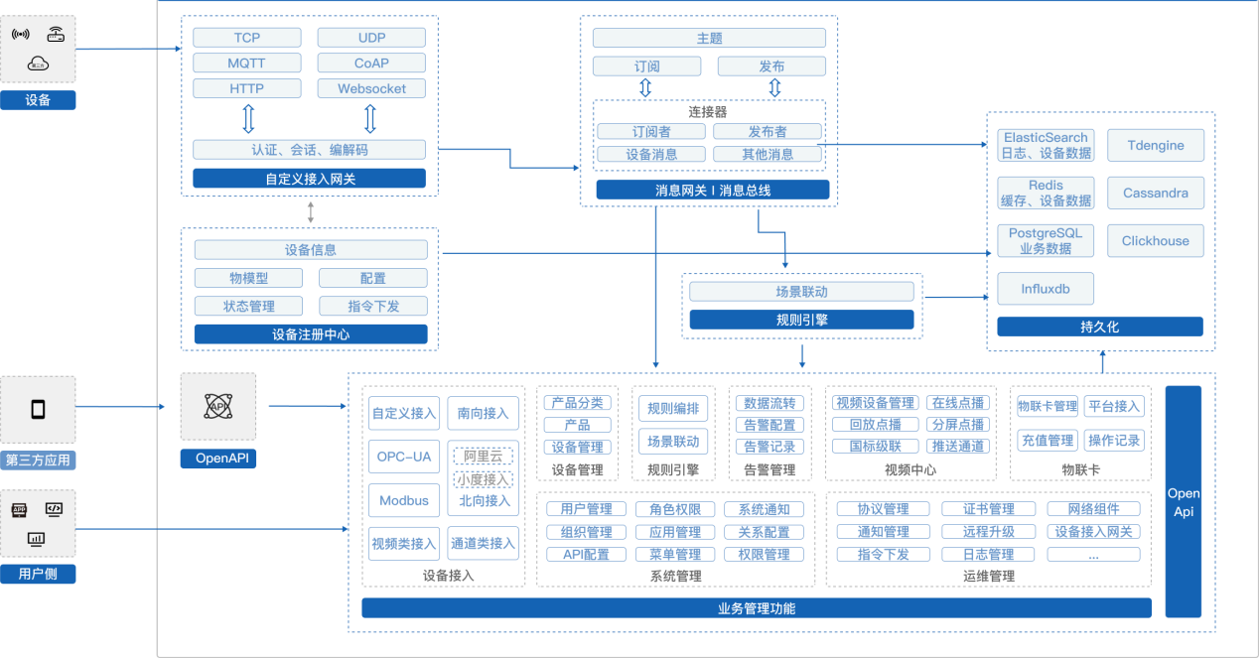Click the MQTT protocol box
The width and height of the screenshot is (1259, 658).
click(247, 63)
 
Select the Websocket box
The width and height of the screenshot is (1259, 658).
click(371, 88)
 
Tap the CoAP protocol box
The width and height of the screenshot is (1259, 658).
click(371, 63)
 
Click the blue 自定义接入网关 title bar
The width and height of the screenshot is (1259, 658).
click(309, 179)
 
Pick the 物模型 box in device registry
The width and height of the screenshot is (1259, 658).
click(248, 278)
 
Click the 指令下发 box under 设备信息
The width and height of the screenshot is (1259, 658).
click(373, 306)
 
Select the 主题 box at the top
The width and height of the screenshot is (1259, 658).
click(709, 38)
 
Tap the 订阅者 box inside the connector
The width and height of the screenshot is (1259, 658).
click(650, 131)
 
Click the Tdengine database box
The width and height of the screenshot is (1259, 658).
click(1156, 145)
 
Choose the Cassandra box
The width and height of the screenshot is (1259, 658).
click(1156, 193)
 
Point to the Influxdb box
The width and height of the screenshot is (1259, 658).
click(1046, 289)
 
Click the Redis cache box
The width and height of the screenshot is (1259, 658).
click(1046, 193)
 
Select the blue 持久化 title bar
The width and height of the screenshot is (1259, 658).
click(1099, 327)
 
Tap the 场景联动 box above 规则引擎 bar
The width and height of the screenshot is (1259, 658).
click(801, 292)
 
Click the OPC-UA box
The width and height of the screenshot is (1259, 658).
click(404, 457)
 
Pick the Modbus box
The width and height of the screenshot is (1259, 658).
click(404, 500)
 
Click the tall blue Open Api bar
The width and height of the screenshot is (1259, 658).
click(1184, 501)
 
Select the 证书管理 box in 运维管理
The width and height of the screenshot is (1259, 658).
click(988, 509)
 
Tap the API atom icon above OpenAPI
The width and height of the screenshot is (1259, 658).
click(217, 406)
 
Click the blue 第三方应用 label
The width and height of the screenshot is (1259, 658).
click(38, 460)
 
